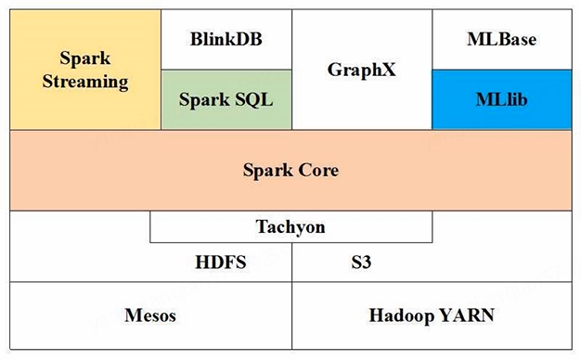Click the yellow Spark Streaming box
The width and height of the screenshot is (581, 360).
(85, 71)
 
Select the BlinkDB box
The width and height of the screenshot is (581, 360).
(226, 41)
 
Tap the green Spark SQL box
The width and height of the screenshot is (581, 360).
(226, 99)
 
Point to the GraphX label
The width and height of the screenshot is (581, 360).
(362, 70)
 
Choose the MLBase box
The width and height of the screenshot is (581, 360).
(501, 41)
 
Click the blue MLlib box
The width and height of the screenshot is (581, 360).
(501, 98)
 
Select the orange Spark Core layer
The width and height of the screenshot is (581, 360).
(290, 171)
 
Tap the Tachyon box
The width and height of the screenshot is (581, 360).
(290, 226)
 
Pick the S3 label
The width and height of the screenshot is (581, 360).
(362, 262)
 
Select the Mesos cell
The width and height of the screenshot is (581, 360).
(150, 316)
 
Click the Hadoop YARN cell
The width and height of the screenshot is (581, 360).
(432, 316)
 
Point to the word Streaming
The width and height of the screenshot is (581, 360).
(85, 82)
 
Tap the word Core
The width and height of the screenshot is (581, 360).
(318, 171)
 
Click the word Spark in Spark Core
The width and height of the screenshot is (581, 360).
(267, 171)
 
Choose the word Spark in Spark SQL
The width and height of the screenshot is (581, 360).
(204, 99)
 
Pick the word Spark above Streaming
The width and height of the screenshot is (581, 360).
(85, 58)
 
